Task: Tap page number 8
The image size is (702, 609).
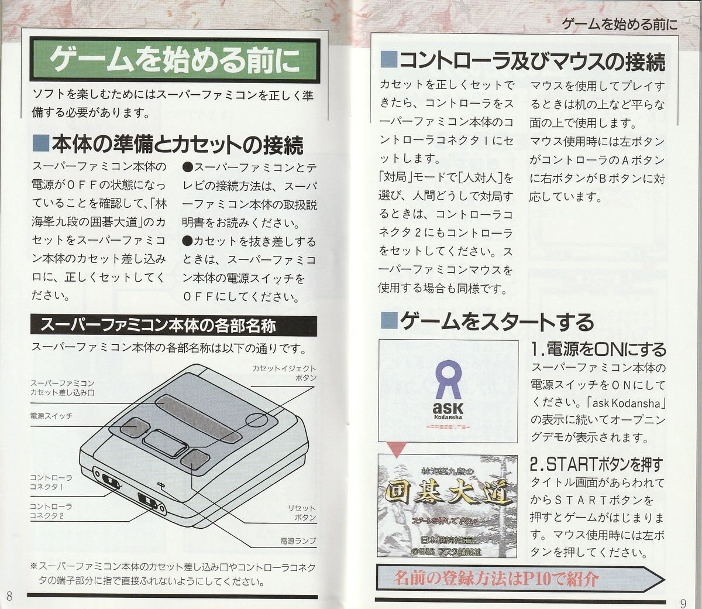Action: (9, 596)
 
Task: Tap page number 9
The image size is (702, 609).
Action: (683, 601)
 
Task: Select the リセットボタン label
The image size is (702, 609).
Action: (302, 513)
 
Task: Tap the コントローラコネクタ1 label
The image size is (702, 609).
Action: (51, 482)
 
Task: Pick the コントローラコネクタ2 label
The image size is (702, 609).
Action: (51, 510)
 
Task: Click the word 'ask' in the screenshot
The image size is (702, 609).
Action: (448, 408)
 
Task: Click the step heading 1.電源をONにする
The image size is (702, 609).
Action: (598, 350)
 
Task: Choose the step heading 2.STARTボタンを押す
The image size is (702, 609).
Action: (596, 465)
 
